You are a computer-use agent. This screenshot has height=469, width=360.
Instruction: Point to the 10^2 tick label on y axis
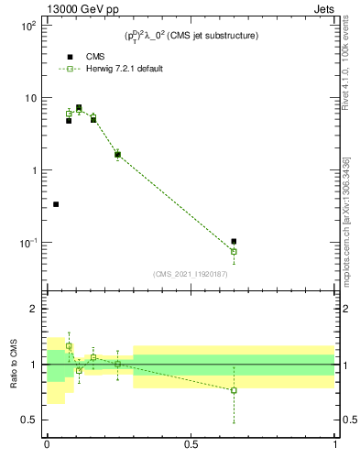(x=27, y=26)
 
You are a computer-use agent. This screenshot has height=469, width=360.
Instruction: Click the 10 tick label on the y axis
(x=29, y=98)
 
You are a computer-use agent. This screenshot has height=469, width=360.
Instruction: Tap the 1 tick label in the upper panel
(x=33, y=170)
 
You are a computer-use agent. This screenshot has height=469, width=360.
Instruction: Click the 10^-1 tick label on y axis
(x=27, y=243)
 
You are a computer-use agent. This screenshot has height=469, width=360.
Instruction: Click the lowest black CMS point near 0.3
(x=56, y=204)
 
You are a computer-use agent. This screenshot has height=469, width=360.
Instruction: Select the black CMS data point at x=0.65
(x=234, y=242)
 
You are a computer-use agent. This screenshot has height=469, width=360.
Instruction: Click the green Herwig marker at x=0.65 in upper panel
(x=234, y=251)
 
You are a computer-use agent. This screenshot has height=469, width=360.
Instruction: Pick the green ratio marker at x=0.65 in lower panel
(x=234, y=390)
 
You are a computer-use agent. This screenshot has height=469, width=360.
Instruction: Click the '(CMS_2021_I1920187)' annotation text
(x=190, y=273)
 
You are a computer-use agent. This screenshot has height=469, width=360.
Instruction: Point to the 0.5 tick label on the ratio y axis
(x=29, y=420)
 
